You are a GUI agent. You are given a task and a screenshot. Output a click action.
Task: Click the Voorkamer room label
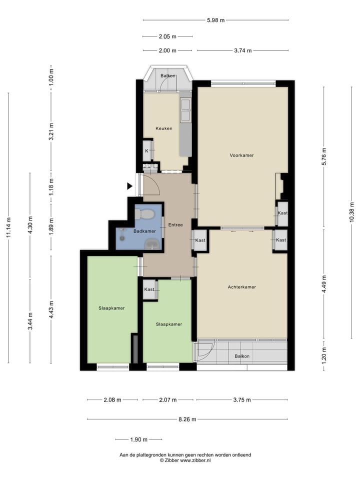(241, 155)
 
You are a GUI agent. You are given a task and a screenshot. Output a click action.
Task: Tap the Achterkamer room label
(241, 287)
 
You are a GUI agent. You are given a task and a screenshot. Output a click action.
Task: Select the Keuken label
(163, 128)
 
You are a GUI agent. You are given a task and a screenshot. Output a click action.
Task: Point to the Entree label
(175, 224)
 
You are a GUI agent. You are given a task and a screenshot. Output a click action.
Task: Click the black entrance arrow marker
(129, 186)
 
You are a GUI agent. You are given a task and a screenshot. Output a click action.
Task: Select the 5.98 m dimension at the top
(215, 20)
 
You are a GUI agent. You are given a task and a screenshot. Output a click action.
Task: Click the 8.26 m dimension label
(187, 419)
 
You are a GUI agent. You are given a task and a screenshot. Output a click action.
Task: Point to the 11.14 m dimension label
(8, 228)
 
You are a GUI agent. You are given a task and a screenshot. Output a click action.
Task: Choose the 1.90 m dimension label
(138, 439)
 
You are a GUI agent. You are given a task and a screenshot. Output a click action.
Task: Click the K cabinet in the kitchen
(147, 150)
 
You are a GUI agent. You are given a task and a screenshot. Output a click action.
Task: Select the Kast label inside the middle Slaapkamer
(149, 289)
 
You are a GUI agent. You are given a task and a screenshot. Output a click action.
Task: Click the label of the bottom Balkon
(242, 356)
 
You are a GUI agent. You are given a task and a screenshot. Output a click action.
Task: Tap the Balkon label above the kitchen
(168, 75)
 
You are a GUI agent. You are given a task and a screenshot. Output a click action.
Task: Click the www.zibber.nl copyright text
(185, 460)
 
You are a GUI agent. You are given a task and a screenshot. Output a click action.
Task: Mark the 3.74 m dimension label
(242, 50)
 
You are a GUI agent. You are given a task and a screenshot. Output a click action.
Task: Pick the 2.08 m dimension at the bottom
(112, 400)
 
